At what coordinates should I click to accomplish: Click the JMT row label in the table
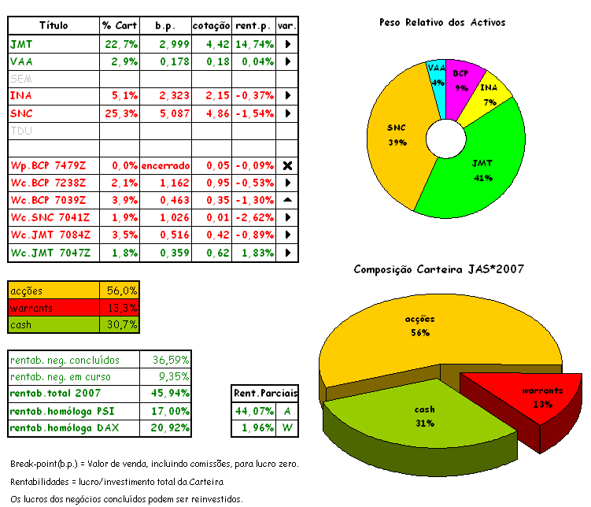tap(20, 44)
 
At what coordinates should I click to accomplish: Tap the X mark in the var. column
tap(287, 165)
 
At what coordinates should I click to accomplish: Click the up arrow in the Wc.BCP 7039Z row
tap(287, 200)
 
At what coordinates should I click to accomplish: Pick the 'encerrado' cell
tap(166, 165)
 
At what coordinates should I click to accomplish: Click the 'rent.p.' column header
tap(253, 26)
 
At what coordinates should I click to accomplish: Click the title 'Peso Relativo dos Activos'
tap(441, 22)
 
